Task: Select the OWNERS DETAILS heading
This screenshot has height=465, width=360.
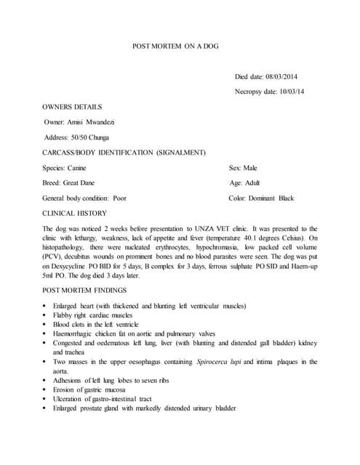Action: point(72,107)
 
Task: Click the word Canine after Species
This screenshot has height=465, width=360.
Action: point(86,167)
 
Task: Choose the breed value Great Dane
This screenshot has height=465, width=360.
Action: point(79,182)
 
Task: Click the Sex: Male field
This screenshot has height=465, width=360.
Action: point(243,167)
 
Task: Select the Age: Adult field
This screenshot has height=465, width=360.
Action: point(244,182)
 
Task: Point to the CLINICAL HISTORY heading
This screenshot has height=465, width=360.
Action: point(75,213)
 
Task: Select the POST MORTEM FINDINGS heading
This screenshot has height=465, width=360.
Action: point(89,291)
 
